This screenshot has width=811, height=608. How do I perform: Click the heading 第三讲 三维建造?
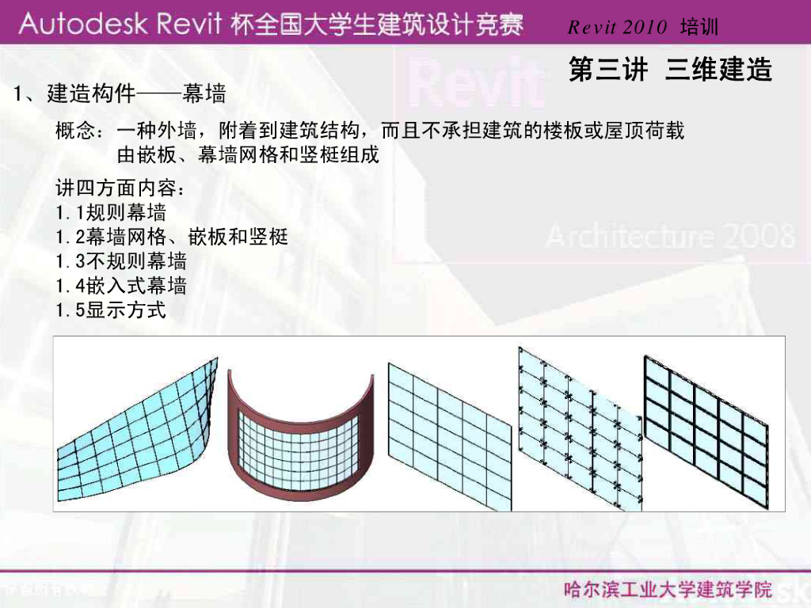(x=670, y=70)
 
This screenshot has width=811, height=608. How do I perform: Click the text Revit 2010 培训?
(x=642, y=28)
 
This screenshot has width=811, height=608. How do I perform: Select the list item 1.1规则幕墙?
(x=111, y=212)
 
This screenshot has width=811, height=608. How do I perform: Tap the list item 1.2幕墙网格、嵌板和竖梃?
(x=172, y=237)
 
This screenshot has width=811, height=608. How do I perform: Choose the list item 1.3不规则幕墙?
(x=121, y=261)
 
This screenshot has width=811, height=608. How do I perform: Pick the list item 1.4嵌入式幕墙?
(x=121, y=286)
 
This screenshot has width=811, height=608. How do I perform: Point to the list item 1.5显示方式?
(x=111, y=310)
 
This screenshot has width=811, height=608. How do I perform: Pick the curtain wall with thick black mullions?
(x=705, y=427)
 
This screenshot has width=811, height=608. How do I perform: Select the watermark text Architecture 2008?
(x=669, y=236)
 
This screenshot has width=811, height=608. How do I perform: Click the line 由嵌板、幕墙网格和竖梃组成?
(x=248, y=154)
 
